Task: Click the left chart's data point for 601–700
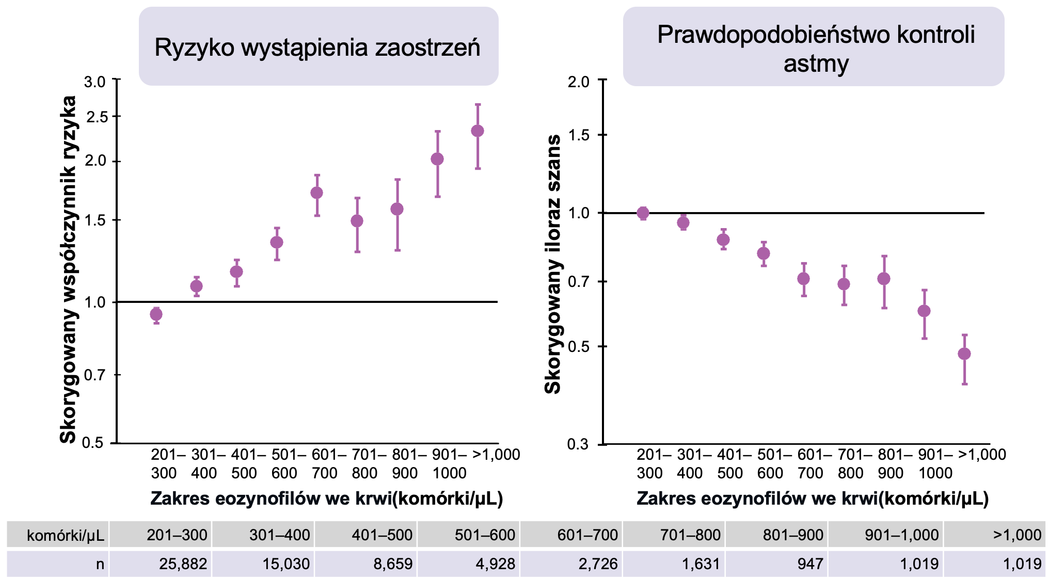317,193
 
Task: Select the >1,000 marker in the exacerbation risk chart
478,131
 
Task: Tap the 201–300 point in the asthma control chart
643,213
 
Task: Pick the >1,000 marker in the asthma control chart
964,354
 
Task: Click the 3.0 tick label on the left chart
95,82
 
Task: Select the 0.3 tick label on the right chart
578,444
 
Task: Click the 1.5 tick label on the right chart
578,135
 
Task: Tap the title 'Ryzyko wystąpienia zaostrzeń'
317,47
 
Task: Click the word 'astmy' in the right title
816,65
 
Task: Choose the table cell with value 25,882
183,563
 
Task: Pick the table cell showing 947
809,563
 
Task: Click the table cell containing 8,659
393,563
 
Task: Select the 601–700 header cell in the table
587,535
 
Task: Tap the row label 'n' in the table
100,563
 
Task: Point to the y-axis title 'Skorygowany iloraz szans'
553,264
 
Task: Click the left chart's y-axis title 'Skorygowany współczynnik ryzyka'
68,269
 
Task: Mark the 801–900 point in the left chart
397,209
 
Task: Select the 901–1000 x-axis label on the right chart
935,463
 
